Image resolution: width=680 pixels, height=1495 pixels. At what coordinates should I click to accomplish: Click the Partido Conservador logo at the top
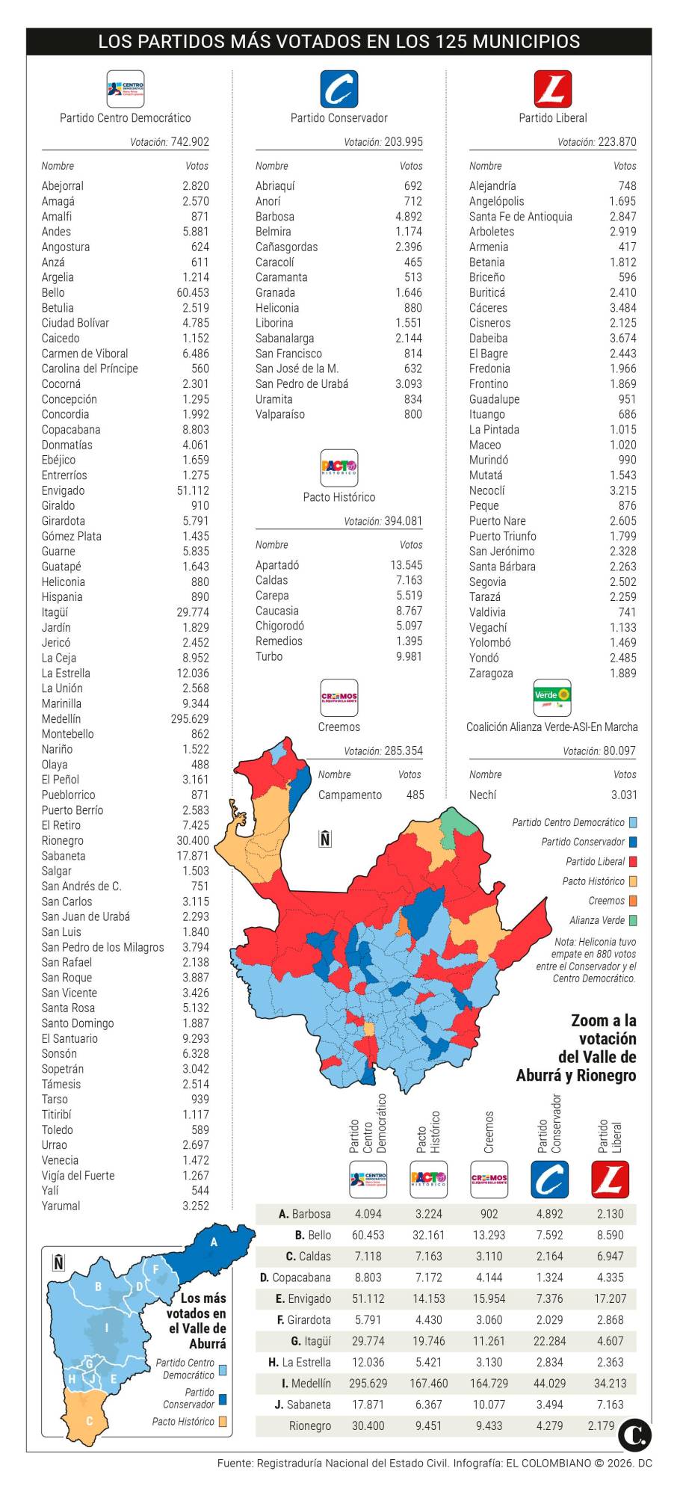339,89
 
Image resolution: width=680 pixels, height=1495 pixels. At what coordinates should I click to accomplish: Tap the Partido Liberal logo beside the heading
552,89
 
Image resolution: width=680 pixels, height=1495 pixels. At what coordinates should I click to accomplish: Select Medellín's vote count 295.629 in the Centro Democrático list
189,718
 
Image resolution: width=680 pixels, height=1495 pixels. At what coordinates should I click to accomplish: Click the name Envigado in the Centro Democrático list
63,490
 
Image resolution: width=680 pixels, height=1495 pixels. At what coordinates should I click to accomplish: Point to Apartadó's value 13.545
406,565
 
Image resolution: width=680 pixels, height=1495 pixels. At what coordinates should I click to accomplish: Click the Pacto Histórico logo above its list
339,469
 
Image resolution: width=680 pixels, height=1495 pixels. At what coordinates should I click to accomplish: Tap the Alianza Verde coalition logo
552,697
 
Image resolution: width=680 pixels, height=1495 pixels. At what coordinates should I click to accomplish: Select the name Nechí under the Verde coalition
483,795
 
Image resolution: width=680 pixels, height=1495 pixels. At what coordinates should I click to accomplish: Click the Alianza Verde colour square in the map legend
633,920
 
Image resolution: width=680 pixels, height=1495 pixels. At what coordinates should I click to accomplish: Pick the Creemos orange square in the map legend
633,901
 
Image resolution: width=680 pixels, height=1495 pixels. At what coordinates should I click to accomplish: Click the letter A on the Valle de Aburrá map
214,1242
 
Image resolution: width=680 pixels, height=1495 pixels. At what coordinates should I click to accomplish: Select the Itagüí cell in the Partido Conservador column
549,1342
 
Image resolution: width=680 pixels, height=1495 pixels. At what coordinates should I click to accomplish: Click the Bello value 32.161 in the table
428,1236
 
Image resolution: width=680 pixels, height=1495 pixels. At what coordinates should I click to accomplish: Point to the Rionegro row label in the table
309,1425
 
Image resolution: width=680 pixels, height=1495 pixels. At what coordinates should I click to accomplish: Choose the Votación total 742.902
189,142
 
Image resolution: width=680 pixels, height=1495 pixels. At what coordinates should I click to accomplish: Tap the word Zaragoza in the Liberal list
491,673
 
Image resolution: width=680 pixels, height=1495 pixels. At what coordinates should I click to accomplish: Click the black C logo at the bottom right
634,1434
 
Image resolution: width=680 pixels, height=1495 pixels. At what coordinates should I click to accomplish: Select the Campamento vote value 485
415,795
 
